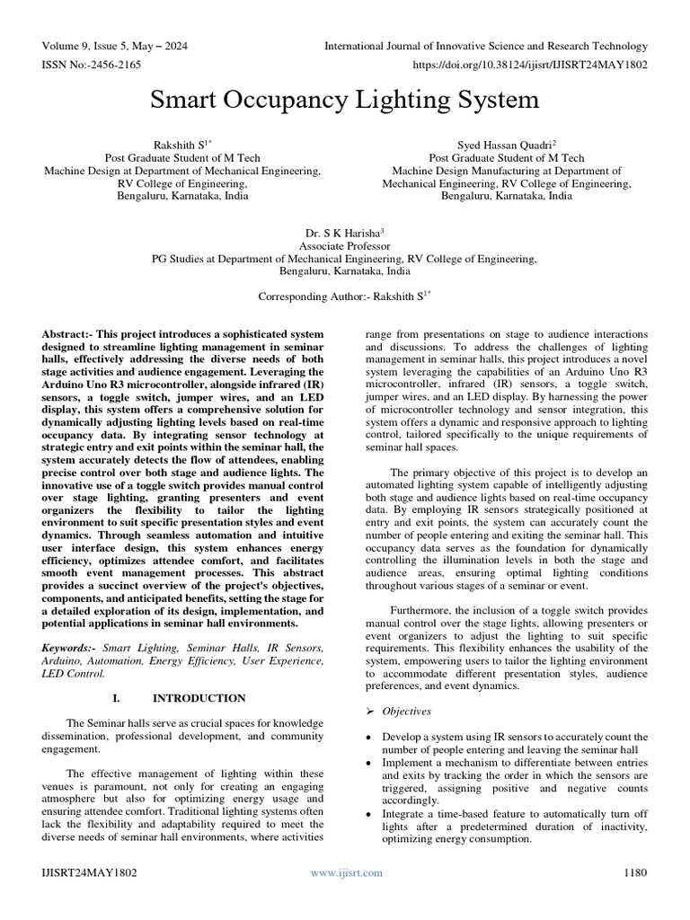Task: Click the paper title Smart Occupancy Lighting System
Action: [345, 99]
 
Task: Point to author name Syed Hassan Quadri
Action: [505, 144]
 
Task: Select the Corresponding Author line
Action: [345, 296]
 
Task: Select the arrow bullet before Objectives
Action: [371, 711]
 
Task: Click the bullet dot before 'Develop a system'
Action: [371, 737]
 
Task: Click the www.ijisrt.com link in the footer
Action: [346, 872]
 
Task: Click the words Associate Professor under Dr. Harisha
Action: [344, 245]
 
